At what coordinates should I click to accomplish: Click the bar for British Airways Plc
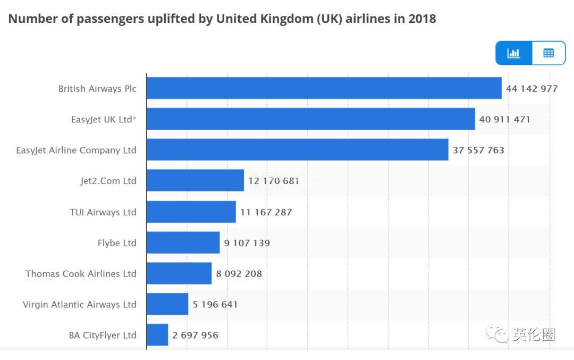coord(324,88)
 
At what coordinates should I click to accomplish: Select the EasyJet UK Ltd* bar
coord(310,119)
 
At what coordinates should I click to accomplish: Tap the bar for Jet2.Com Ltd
coord(195,181)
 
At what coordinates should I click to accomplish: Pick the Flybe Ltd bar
coord(183,242)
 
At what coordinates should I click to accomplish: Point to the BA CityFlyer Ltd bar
coord(157,335)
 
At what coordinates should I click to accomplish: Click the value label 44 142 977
coord(531,89)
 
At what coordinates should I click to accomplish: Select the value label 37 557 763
coord(478,150)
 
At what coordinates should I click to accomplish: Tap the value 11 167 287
coord(266,212)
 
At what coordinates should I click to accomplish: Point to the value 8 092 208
coord(239,274)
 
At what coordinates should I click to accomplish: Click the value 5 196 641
coord(215,305)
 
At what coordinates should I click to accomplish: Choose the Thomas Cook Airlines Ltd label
coord(81,274)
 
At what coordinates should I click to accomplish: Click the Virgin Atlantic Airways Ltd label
coord(79,305)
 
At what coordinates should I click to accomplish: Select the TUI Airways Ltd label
coord(103,212)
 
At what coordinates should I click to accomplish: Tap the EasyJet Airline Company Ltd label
coord(76,150)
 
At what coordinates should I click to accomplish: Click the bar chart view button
coord(513,53)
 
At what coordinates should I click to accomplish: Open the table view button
coord(548,53)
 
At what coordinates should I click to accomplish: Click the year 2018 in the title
coord(422,19)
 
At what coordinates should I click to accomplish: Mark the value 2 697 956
coord(195,336)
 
